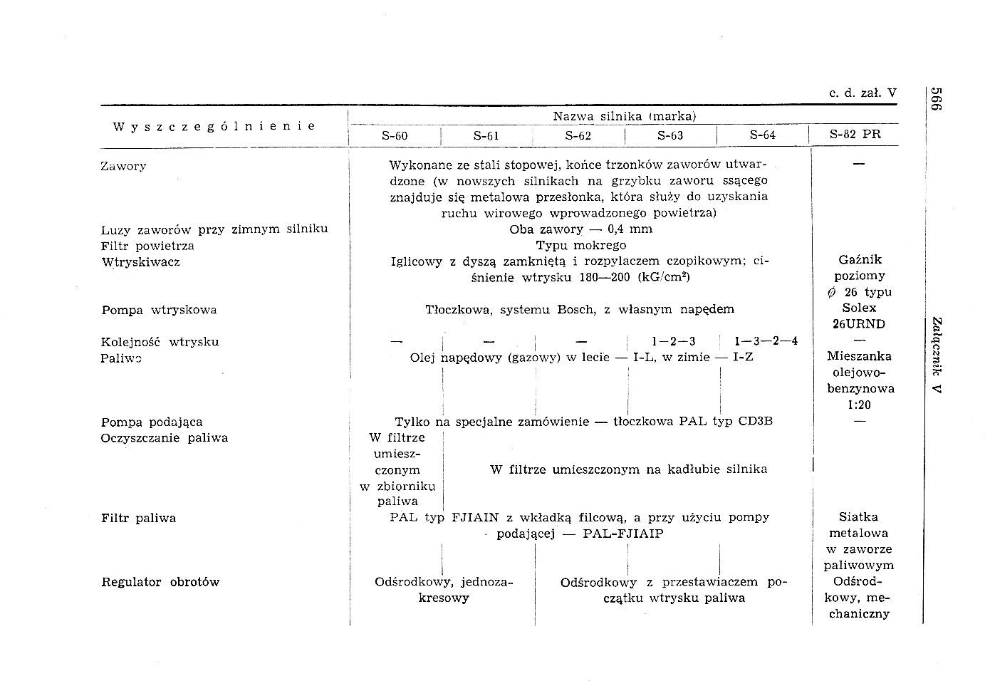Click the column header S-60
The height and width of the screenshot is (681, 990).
pyautogui.click(x=395, y=135)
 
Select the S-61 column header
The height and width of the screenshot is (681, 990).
pyautogui.click(x=486, y=135)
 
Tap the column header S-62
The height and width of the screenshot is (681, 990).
pyautogui.click(x=578, y=135)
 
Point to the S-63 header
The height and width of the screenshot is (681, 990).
pyautogui.click(x=670, y=135)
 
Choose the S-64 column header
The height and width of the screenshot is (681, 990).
pyautogui.click(x=763, y=135)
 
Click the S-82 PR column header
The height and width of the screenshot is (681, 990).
pyautogui.click(x=855, y=134)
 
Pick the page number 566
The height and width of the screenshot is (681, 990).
pyautogui.click(x=936, y=99)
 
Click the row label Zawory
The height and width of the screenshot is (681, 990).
pyautogui.click(x=123, y=166)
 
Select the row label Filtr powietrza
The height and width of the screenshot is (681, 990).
pyautogui.click(x=147, y=246)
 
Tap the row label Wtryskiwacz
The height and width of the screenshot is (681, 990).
pyautogui.click(x=140, y=261)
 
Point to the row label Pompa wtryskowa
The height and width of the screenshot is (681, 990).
pyautogui.click(x=159, y=310)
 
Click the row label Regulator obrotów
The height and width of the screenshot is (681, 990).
pyautogui.click(x=160, y=582)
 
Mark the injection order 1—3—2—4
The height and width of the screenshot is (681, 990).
pyautogui.click(x=766, y=341)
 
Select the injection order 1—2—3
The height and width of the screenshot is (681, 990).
pyautogui.click(x=673, y=341)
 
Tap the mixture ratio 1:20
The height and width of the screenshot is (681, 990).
pyautogui.click(x=859, y=405)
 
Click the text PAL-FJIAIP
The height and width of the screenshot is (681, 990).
pyautogui.click(x=622, y=534)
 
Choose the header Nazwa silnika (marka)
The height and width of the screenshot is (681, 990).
pyautogui.click(x=624, y=116)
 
